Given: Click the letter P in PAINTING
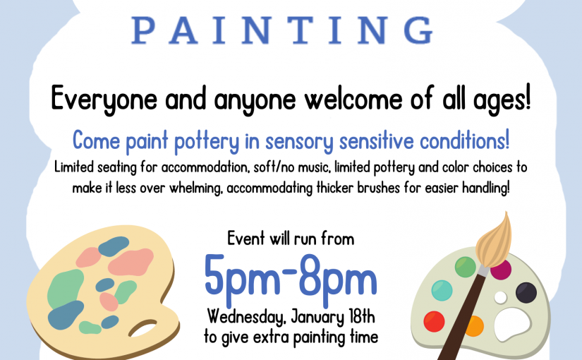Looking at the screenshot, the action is [143, 30].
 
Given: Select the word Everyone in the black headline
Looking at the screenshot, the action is [104, 99].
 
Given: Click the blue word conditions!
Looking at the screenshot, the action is [464, 140].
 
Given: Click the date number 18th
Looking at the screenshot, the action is [362, 316].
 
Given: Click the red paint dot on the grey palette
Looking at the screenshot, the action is [434, 321].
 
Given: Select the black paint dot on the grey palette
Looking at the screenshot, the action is [526, 292].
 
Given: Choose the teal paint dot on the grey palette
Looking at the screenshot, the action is [442, 290].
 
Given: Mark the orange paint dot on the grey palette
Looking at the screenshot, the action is [475, 326].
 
